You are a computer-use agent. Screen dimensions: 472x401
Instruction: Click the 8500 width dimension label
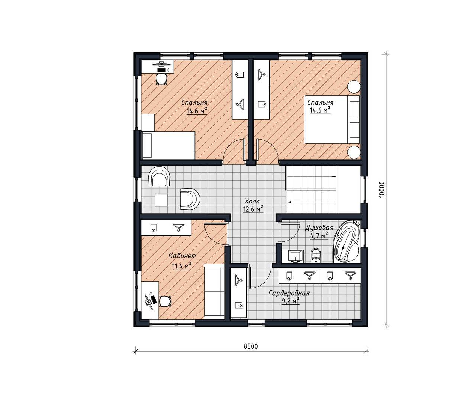coord(250,346)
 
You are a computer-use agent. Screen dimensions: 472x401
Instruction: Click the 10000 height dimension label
coord(382,189)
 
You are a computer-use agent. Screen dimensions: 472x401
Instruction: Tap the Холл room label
coord(252,201)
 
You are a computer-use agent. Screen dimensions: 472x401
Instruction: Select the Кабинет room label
coord(182,256)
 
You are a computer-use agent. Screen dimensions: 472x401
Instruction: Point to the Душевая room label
coord(320,228)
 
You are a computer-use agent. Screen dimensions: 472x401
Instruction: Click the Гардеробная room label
coord(289,293)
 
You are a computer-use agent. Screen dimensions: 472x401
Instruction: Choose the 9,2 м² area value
coord(291,301)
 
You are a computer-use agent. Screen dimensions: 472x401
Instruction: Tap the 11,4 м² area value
coord(182,266)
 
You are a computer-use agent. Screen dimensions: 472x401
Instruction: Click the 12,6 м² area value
coord(253,209)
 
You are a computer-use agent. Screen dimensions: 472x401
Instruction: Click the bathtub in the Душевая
coord(347,241)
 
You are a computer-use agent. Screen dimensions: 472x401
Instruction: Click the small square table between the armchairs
coord(161,200)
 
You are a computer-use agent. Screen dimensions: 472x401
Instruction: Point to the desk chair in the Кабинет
coord(165,301)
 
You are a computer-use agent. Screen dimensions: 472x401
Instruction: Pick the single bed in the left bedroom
coord(168,145)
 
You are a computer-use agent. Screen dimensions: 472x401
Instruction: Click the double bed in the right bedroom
coord(332,119)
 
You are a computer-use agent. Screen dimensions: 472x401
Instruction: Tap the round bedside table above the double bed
coord(354,87)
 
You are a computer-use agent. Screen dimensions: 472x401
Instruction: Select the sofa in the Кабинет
coord(214,291)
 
